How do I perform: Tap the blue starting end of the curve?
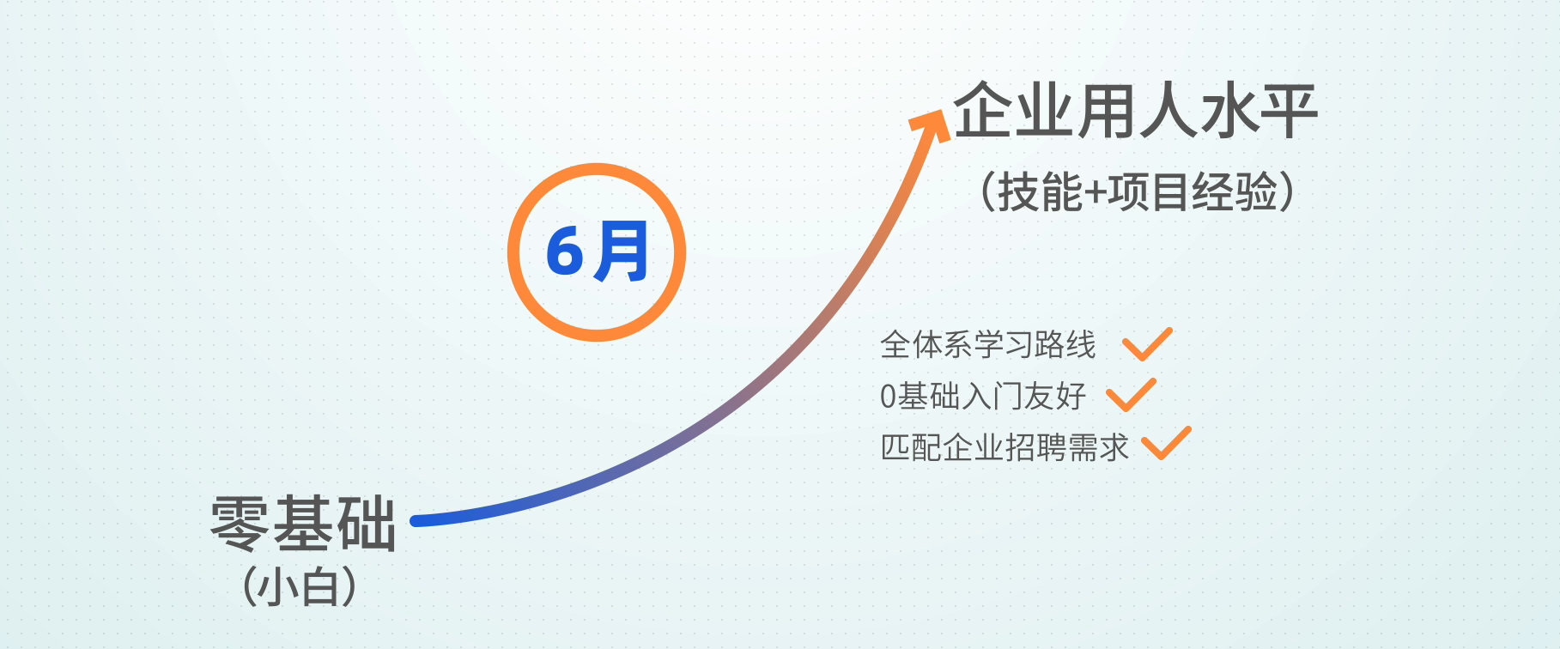[416, 520]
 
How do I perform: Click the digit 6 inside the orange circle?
[566, 252]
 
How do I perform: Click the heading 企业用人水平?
[1135, 111]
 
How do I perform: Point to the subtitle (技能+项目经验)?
[1137, 191]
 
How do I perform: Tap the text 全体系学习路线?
[988, 345]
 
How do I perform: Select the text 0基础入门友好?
[983, 396]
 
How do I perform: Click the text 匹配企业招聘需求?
[1005, 447]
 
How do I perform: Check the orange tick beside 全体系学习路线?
[1147, 344]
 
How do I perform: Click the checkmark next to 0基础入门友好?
[1131, 395]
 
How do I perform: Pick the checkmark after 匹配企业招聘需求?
[1166, 443]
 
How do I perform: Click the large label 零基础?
[303, 523]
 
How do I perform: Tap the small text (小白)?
[300, 588]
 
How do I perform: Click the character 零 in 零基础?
[240, 523]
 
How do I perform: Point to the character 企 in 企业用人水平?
[983, 111]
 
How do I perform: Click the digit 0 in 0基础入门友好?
[889, 397]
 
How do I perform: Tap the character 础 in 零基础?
[366, 523]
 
